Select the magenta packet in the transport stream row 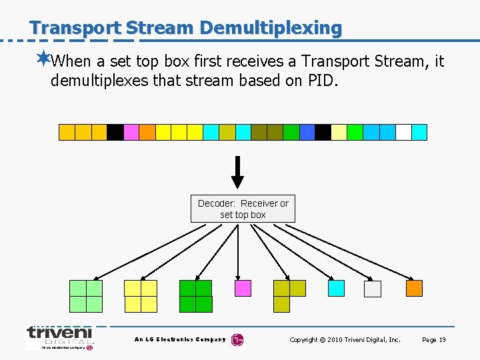131,132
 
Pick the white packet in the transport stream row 403,132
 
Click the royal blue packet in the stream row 307,132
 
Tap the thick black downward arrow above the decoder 237,173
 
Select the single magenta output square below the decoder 243,288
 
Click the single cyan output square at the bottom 336,288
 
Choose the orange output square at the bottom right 414,288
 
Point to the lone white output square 373,289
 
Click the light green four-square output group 86,296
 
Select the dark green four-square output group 195,296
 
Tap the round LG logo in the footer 237,340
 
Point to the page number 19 442,340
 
